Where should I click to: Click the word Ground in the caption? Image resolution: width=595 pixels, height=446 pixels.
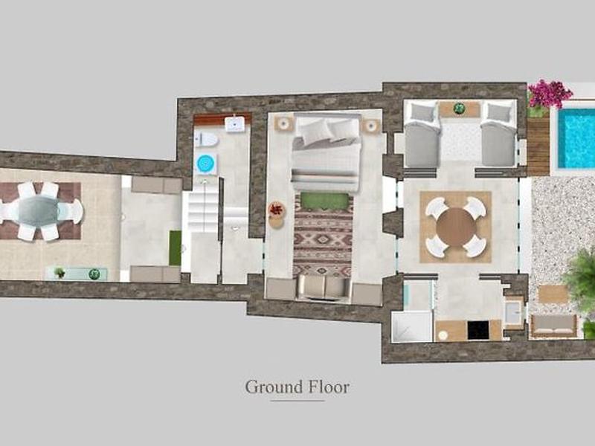[273, 387]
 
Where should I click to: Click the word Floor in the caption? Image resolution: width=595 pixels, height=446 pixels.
[327, 387]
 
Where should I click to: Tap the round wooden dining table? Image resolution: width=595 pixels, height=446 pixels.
[455, 227]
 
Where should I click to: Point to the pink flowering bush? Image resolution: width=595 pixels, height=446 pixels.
[550, 94]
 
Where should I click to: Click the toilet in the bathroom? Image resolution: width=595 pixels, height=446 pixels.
[206, 140]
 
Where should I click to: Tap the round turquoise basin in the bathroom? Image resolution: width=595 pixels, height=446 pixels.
[206, 164]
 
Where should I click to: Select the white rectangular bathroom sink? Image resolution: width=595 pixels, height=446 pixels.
[234, 124]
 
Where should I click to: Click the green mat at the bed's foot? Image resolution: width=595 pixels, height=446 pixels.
[324, 201]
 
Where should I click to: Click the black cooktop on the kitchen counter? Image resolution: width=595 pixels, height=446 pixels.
[478, 330]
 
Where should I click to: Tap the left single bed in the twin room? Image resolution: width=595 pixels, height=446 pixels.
[422, 135]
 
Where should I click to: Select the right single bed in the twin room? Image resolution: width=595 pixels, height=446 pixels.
[498, 135]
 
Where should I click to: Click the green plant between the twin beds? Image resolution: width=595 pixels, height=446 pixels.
[460, 109]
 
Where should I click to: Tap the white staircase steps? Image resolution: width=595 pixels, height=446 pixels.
[204, 212]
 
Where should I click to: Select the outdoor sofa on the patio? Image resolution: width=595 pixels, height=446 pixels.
[554, 326]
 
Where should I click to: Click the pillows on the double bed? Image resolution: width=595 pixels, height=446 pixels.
[326, 132]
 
